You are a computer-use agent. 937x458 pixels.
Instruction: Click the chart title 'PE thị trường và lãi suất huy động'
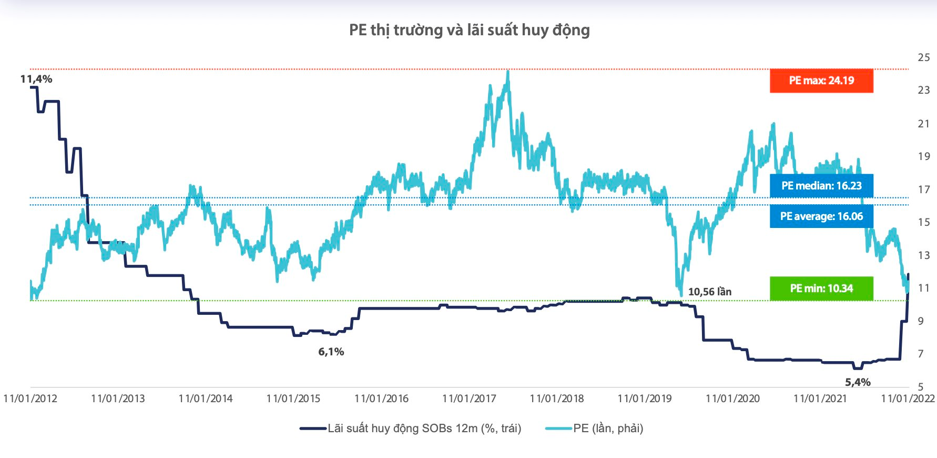tap(469, 30)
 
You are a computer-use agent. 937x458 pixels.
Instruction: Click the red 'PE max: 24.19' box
tap(821, 81)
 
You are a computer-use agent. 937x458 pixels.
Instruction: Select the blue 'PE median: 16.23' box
tap(821, 186)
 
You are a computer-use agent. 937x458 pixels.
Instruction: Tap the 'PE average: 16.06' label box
tap(821, 216)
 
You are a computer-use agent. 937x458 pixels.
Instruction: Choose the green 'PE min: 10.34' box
tap(821, 288)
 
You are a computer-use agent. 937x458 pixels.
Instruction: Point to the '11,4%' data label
tap(36, 79)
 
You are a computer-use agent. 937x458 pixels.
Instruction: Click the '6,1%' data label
tap(331, 352)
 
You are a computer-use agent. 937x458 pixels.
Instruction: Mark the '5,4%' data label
tap(858, 382)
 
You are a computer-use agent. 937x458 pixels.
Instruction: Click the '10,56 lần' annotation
tap(709, 292)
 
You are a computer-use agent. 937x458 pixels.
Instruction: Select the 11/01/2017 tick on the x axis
tap(469, 399)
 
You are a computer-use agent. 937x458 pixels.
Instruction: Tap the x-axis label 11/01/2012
tap(30, 399)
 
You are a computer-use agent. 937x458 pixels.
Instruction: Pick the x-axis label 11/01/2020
tap(732, 399)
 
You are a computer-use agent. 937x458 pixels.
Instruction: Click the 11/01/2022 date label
tap(908, 399)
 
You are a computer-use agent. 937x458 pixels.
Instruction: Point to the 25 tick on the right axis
tap(924, 57)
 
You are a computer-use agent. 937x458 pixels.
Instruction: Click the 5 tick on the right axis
tap(921, 387)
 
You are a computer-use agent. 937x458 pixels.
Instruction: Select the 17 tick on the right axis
tap(924, 190)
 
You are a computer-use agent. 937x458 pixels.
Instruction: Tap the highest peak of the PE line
tap(507, 71)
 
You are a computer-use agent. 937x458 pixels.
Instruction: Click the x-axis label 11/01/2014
tap(206, 399)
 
